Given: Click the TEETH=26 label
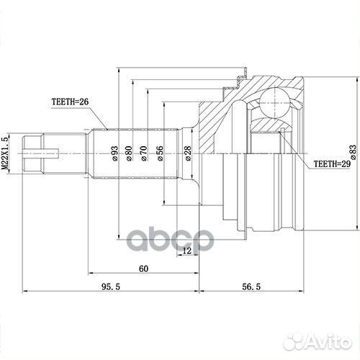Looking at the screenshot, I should coord(71,103).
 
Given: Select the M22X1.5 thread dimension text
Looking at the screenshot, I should coord(6,152).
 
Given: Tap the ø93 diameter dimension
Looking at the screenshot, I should coord(114,153).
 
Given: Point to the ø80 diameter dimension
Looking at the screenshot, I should coord(129,153).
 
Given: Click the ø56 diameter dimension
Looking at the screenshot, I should coord(160,153).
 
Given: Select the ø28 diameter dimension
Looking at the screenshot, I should coord(186,153).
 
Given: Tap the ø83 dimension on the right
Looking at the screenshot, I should coord(352,152).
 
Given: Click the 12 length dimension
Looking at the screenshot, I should coord(187,251).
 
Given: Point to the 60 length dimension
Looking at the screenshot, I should coord(143,269).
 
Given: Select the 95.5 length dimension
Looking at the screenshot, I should coord(109,286).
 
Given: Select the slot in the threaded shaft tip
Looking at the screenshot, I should coord(40,153).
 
